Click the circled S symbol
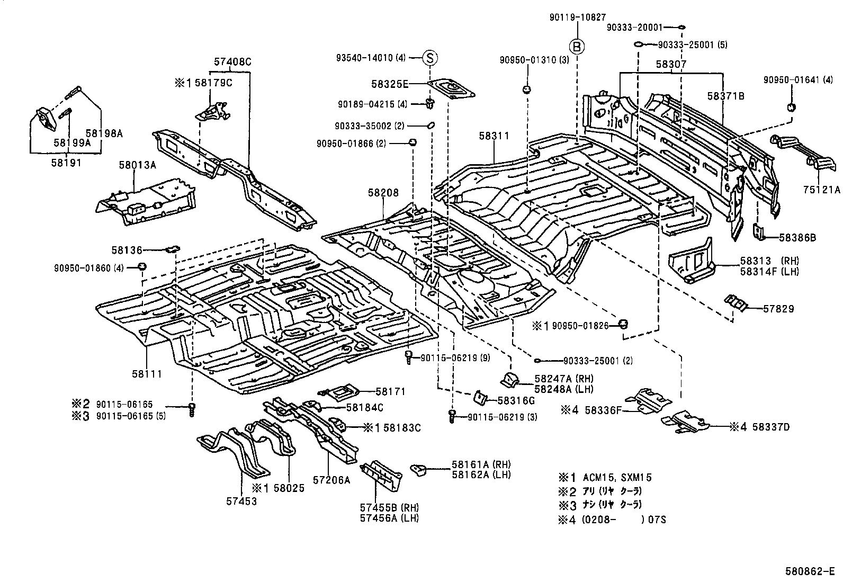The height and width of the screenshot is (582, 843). click(x=430, y=58)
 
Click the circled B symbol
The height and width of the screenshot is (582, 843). click(x=578, y=47)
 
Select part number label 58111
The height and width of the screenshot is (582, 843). click(x=147, y=374)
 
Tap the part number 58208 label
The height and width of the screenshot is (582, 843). click(x=383, y=193)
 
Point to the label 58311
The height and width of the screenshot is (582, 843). click(x=494, y=136)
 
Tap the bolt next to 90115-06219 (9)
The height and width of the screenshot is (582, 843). click(x=409, y=356)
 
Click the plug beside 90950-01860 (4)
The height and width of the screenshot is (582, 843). click(x=142, y=266)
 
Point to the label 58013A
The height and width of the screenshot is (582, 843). click(x=137, y=165)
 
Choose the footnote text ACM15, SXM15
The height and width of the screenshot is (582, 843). click(x=617, y=477)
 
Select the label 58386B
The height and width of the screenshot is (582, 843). click(x=797, y=238)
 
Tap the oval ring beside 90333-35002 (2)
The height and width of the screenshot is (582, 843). click(x=431, y=125)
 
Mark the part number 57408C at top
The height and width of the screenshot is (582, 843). click(x=232, y=62)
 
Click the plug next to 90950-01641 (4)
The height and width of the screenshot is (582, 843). click(x=791, y=108)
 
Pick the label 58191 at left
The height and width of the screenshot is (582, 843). click(x=66, y=163)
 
